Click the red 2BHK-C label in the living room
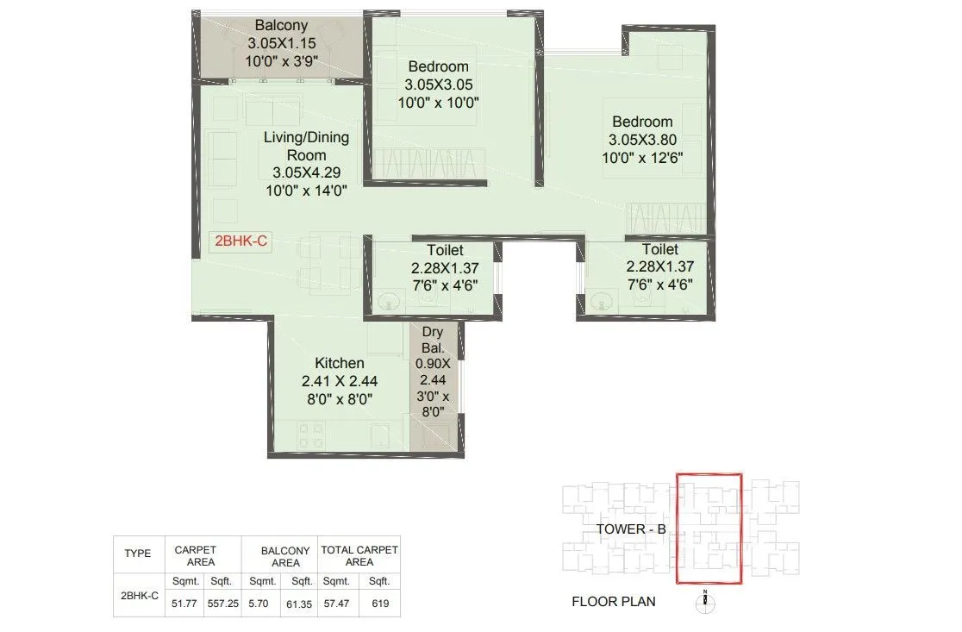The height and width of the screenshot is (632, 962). pos(242,242)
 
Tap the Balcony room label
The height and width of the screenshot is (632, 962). pos(281,27)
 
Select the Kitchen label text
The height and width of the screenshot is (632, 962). pos(339,363)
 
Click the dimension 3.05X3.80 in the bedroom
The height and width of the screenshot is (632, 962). pos(641,140)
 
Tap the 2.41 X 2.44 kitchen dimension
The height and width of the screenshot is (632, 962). pos(339,380)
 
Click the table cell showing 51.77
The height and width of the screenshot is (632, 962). pos(184,604)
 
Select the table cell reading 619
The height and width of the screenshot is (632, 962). pos(380,604)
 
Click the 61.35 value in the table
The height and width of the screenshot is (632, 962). pos(298,604)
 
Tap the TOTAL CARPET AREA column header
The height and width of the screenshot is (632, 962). pos(359,555)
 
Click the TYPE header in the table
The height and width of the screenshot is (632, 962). pos(138,554)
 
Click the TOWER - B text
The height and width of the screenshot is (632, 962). pos(631,529)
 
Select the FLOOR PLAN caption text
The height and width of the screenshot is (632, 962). pos(613,601)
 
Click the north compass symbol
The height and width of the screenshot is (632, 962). pos(705,601)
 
